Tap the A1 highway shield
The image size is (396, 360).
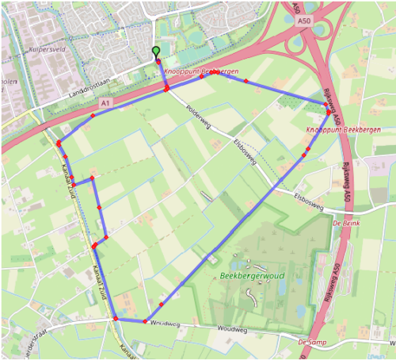tap(105, 103)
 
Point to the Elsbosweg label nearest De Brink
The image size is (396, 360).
tap(309, 201)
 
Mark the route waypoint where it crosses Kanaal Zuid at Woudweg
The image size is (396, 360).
tap(116, 319)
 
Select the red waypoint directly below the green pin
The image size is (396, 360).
tap(166, 89)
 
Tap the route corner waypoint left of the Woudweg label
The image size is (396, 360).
tap(146, 321)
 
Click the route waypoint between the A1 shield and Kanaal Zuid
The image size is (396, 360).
tap(93, 116)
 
